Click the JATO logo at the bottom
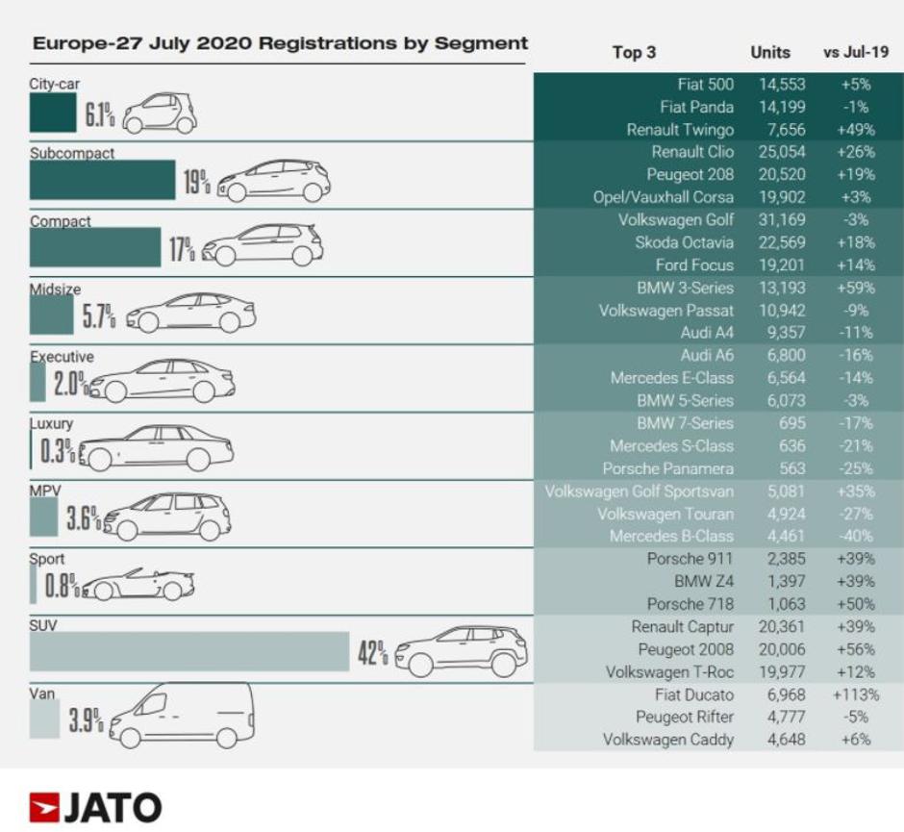pyautogui.click(x=95, y=806)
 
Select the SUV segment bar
pyautogui.click(x=188, y=652)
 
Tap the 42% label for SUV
pyautogui.click(x=372, y=653)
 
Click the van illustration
pyautogui.click(x=183, y=716)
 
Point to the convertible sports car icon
pyautogui.click(x=138, y=584)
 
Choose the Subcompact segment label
pyautogui.click(x=72, y=153)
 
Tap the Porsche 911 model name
pyautogui.click(x=691, y=559)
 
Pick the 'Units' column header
pyautogui.click(x=770, y=53)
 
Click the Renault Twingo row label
pyautogui.click(x=680, y=130)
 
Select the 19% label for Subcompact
pyautogui.click(x=196, y=181)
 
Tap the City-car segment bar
pyautogui.click(x=53, y=113)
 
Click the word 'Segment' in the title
pyautogui.click(x=481, y=43)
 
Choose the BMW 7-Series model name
pyautogui.click(x=685, y=423)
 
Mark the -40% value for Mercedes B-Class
pyautogui.click(x=853, y=536)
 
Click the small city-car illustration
pyautogui.click(x=160, y=113)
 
